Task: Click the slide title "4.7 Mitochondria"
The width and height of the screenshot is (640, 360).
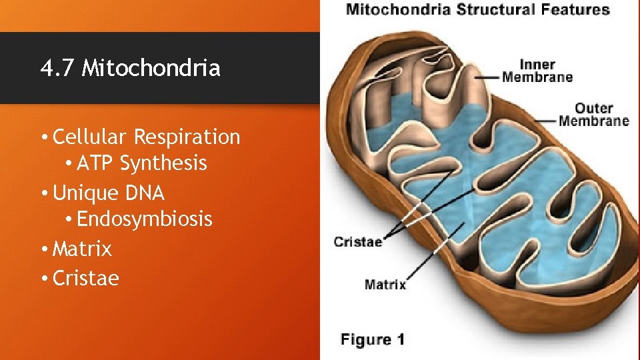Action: point(130,68)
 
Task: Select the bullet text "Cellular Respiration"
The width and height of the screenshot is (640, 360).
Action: point(146,137)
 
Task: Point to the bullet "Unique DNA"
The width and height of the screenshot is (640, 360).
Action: point(108,193)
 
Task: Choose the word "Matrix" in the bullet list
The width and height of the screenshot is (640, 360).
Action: point(82,249)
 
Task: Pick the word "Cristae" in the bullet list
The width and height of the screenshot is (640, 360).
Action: point(85,278)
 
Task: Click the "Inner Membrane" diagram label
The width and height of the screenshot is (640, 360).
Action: point(537,71)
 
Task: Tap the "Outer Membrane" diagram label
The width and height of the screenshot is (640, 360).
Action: point(593,114)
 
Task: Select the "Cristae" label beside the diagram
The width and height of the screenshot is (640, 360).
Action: point(358,241)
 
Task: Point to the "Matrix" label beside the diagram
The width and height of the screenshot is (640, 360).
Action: point(385,285)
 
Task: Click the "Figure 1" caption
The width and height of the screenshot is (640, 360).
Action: point(372,339)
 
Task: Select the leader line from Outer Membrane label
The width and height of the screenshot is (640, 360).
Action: point(544,121)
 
